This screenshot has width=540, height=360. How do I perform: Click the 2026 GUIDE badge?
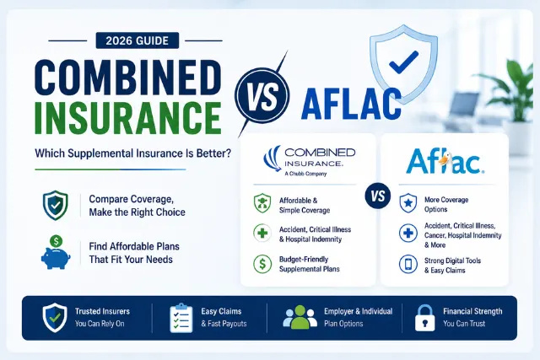(x=138, y=40)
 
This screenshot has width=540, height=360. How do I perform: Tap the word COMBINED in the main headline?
(x=128, y=78)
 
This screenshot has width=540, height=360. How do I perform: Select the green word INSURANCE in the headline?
(x=128, y=117)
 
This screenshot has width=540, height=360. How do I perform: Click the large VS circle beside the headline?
(x=262, y=95)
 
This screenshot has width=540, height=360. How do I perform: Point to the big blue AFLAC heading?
(x=351, y=104)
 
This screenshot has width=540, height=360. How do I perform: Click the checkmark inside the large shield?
(x=403, y=62)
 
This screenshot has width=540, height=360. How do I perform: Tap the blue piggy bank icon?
(x=56, y=253)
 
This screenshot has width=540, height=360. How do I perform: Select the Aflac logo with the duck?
(x=445, y=161)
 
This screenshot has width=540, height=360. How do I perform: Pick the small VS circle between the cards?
(x=378, y=196)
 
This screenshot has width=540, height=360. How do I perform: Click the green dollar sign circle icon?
(x=262, y=264)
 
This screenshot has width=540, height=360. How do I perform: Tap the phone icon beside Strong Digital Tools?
(x=408, y=265)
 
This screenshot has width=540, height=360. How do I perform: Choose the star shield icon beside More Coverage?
(x=408, y=203)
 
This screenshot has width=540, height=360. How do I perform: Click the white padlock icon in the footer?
(x=425, y=318)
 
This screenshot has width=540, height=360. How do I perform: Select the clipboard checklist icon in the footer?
(x=181, y=318)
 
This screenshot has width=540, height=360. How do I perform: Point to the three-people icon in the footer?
(x=300, y=317)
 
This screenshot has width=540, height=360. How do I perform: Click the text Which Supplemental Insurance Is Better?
(x=133, y=153)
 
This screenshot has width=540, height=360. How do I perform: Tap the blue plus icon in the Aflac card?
(x=408, y=234)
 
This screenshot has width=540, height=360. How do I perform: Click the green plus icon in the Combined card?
(x=262, y=234)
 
